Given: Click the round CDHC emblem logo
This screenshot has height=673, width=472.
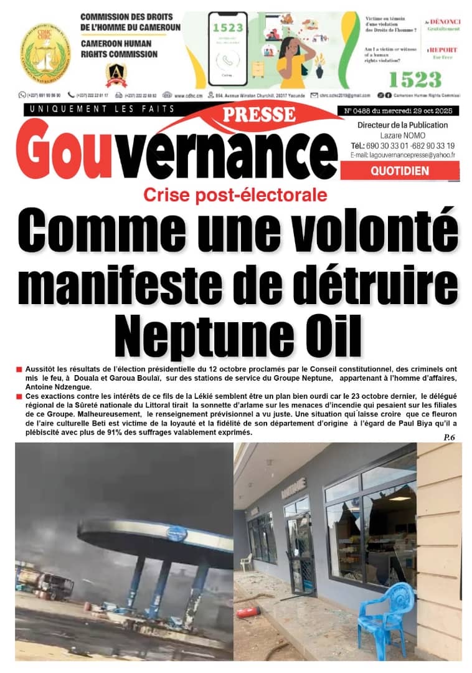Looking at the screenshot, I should coord(46,53).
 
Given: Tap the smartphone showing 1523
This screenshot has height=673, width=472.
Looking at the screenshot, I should coord(227,48).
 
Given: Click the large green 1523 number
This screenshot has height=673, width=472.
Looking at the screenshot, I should coord(415,79).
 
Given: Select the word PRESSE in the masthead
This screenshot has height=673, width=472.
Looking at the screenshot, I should coord(258,115).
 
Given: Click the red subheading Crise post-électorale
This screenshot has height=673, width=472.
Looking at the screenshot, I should coord(235,194).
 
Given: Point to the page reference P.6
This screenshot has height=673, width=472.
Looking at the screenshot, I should coord(450,438).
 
